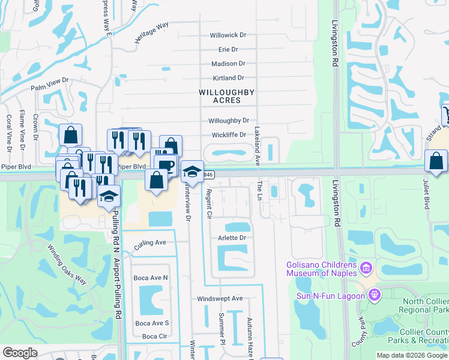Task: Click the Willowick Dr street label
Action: [x=228, y=35]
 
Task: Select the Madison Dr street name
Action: [x=228, y=64]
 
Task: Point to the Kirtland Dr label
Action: [x=228, y=78]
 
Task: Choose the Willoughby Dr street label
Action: [x=228, y=121]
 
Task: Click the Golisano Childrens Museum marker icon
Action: [x=366, y=266]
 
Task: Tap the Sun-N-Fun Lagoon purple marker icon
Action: [x=375, y=295]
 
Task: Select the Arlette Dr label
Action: [x=232, y=238]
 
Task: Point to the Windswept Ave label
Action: [x=220, y=298]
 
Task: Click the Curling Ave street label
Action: [x=150, y=245]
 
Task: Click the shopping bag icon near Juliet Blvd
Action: [x=435, y=161]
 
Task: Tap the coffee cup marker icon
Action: [x=166, y=165]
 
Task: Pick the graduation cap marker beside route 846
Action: [x=192, y=172]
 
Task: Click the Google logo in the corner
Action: [x=20, y=353]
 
